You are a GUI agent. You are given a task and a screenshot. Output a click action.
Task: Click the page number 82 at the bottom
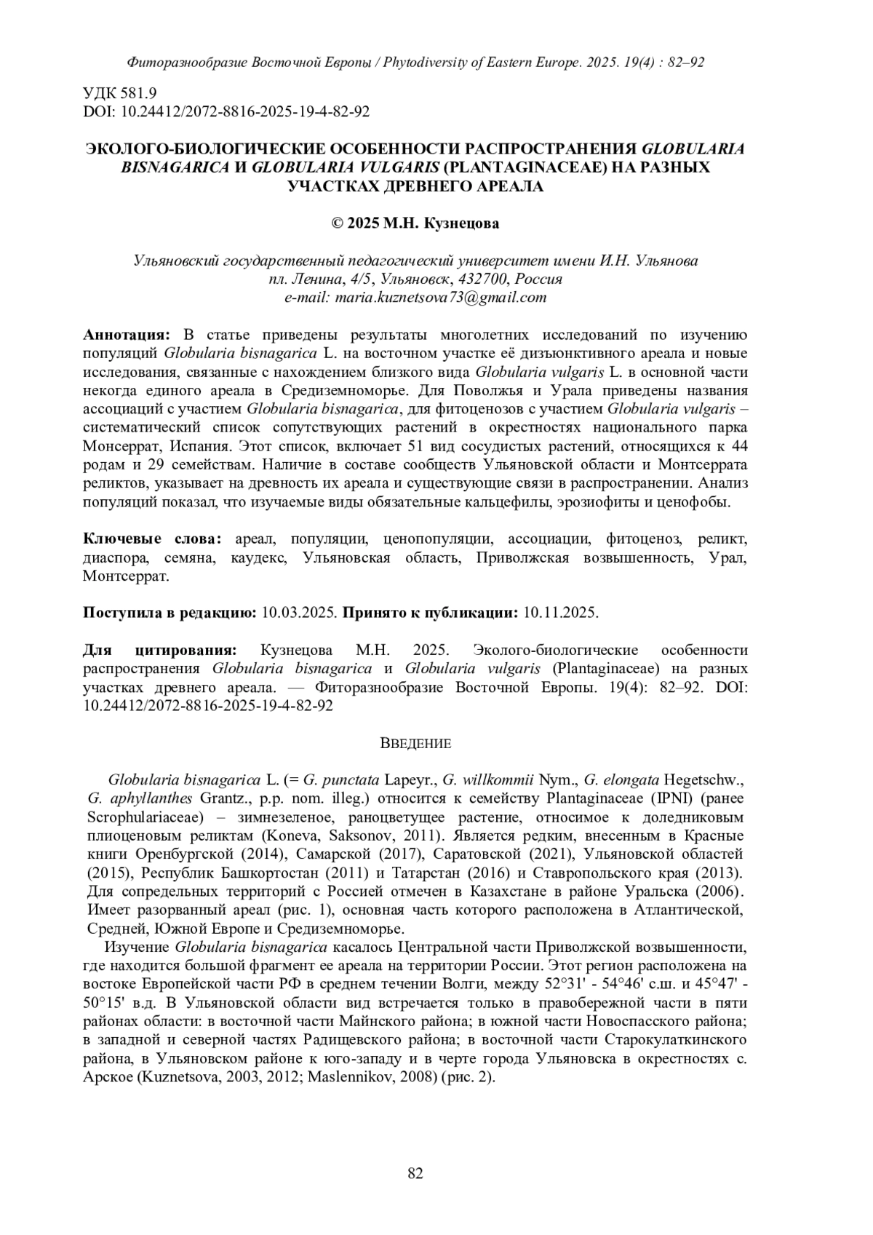coord(415,1172)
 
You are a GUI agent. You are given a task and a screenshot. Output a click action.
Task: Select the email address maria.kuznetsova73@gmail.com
coord(444,297)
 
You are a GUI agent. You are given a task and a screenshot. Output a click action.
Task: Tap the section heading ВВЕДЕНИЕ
coord(415,744)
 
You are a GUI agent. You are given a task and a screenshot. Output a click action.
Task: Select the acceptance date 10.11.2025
coord(560,613)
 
